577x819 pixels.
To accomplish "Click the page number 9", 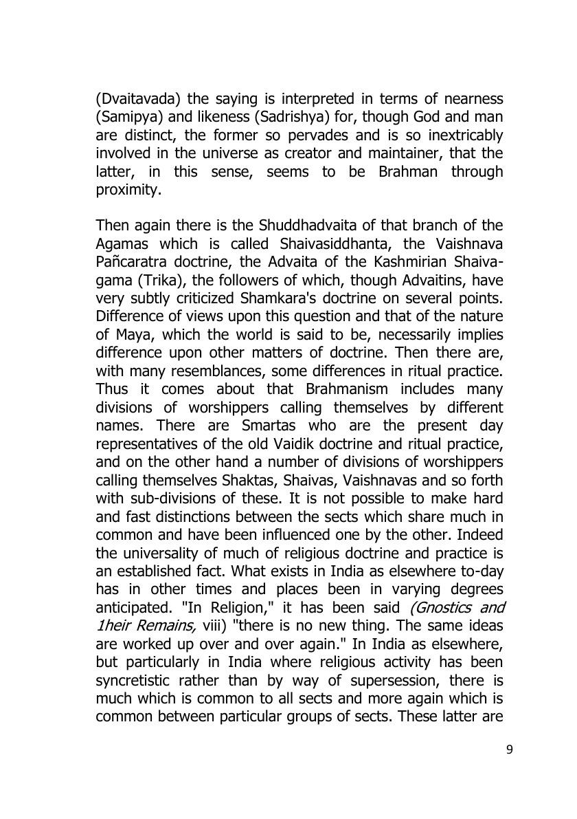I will pos(509,750).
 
